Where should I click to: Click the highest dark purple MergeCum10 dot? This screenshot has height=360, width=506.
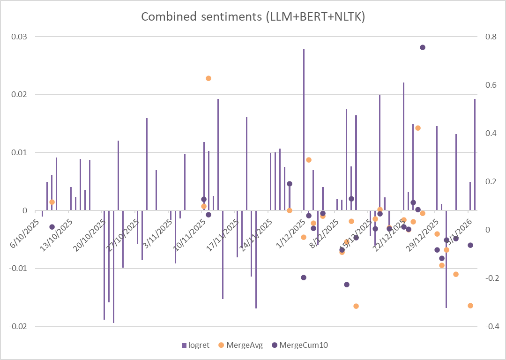423,47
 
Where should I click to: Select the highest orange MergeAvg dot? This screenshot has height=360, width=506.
208,78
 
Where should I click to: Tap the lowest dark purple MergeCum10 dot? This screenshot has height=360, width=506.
347,285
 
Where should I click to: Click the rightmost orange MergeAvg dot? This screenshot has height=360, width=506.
470,306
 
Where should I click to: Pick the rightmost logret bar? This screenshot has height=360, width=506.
475,155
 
